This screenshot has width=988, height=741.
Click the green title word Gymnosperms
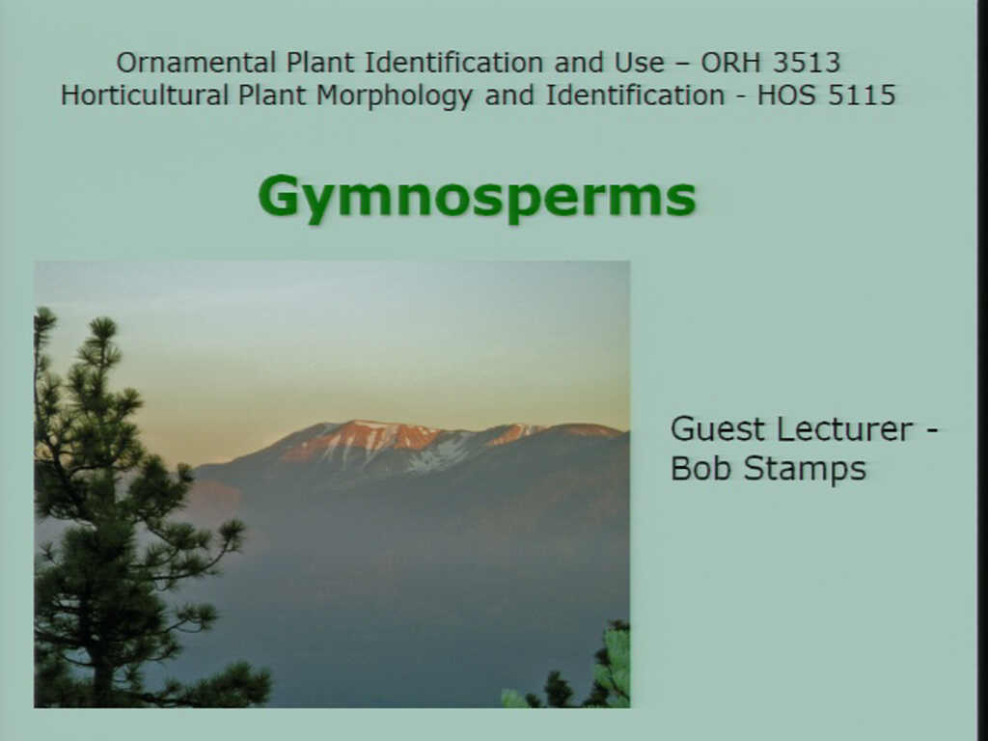pos(477,197)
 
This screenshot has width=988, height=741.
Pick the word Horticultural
pos(145,96)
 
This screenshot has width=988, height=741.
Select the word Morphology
pos(395,96)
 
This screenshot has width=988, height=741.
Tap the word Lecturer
pos(844,429)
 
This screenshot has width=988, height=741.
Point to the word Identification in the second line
pos(635,96)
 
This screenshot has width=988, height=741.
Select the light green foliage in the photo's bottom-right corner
pos(615,662)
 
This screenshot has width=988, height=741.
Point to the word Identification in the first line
pos(454,63)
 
